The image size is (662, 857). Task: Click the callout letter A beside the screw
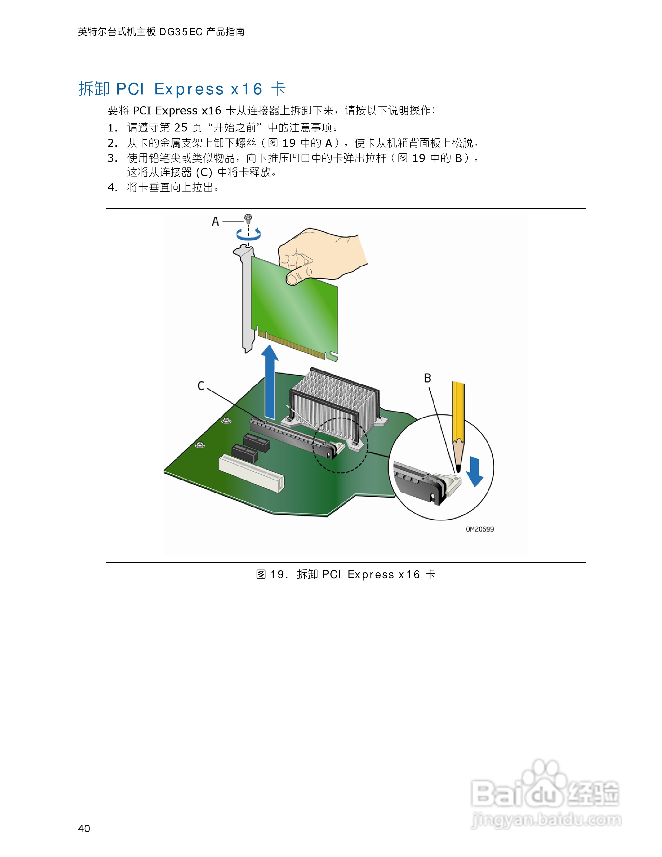pyautogui.click(x=215, y=222)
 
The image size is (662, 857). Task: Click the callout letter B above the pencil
pyautogui.click(x=428, y=378)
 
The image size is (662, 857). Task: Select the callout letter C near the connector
pyautogui.click(x=201, y=386)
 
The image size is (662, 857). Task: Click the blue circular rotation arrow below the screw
pyautogui.click(x=248, y=235)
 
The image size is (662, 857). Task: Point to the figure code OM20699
pyautogui.click(x=480, y=529)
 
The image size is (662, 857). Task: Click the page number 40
pyautogui.click(x=84, y=828)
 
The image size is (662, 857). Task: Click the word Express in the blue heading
pyautogui.click(x=189, y=90)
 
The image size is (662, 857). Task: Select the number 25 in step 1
pyautogui.click(x=181, y=127)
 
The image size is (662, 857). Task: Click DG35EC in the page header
pyautogui.click(x=181, y=32)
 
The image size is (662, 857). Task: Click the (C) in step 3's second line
pyautogui.click(x=204, y=172)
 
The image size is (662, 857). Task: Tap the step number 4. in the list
pyautogui.click(x=112, y=187)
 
